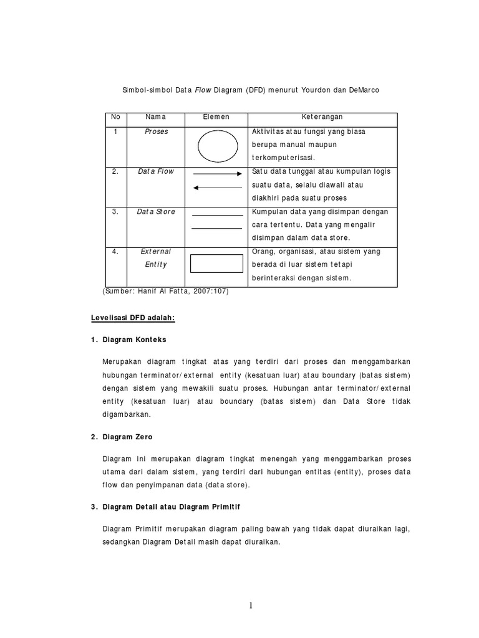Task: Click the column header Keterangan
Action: (322, 117)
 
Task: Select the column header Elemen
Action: (216, 117)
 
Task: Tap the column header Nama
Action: (155, 117)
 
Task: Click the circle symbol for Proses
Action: (218, 146)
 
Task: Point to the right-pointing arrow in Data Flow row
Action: (217, 174)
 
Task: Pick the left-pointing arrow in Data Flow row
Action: (217, 188)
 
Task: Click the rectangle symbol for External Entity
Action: (216, 264)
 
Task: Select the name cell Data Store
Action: (156, 212)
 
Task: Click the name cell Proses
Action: (156, 132)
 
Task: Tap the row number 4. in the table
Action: (115, 252)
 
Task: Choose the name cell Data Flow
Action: (156, 171)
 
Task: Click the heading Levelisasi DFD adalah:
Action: (133, 318)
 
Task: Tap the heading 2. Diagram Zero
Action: (122, 437)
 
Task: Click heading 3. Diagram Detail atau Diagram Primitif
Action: (165, 507)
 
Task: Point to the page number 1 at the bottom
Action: (251, 606)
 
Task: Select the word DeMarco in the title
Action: (360, 90)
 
